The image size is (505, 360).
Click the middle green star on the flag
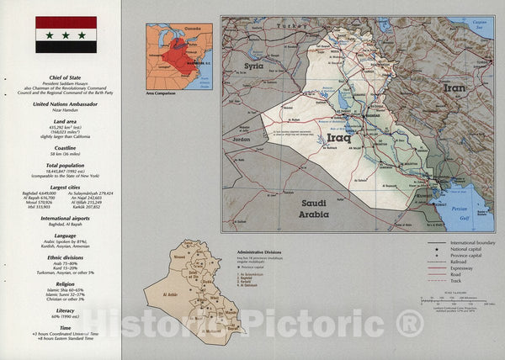pos(66,35)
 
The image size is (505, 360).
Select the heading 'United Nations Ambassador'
pos(66,103)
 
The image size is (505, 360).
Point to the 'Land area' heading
pos(66,122)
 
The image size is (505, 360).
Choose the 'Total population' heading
pos(66,165)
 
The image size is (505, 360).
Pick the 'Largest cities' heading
pos(66,187)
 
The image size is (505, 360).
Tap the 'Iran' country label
pos(454,87)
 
